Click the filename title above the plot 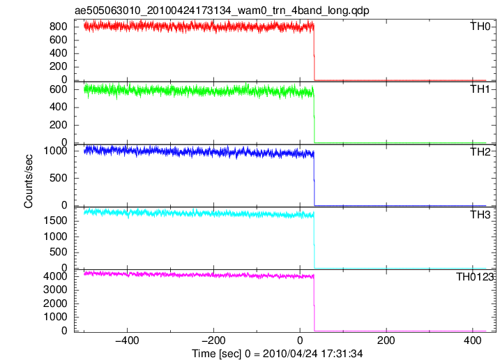coord(222,10)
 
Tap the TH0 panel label coord(480,27)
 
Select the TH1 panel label coord(480,89)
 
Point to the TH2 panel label coord(480,152)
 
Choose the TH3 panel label coord(480,215)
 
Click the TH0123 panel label coord(475,277)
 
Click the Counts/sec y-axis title coord(29,181)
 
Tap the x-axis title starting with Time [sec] coord(277,354)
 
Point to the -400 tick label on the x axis coord(127,340)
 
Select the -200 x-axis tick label coord(213,340)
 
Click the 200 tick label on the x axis coord(386,340)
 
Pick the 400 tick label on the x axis coord(473,340)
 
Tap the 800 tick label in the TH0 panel coord(59,27)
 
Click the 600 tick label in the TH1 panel coord(59,89)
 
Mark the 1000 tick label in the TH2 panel coord(56,151)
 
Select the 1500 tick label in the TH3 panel coord(56,220)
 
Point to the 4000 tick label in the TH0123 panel coord(56,276)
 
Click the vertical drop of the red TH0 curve coord(315,52)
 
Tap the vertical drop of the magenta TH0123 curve coord(315,303)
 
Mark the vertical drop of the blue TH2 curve coord(315,179)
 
